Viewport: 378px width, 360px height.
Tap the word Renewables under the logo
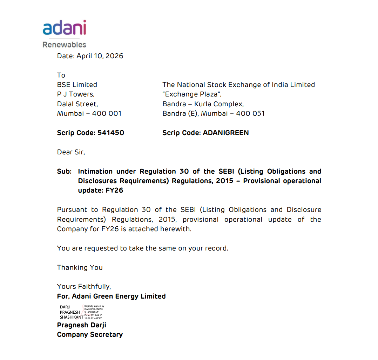pyautogui.click(x=64, y=45)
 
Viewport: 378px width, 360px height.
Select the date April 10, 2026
pyautogui.click(x=100, y=56)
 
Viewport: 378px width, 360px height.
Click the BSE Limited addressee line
pyautogui.click(x=77, y=85)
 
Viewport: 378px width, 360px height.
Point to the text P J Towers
pyautogui.click(x=76, y=94)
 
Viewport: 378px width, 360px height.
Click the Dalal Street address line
pyautogui.click(x=77, y=104)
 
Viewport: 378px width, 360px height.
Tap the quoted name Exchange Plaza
pyautogui.click(x=192, y=94)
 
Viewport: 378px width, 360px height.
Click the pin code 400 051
pyautogui.click(x=250, y=113)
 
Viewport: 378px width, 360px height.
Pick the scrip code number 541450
pyautogui.click(x=111, y=133)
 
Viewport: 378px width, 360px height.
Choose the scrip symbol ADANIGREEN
pyautogui.click(x=226, y=133)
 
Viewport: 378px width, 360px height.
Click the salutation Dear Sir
pyautogui.click(x=71, y=152)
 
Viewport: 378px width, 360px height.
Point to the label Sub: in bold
pyautogui.click(x=65, y=171)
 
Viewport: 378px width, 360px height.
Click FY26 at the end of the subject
pyautogui.click(x=114, y=191)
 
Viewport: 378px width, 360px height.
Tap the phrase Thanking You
pyautogui.click(x=80, y=267)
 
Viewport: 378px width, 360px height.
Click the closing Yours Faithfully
pyautogui.click(x=84, y=286)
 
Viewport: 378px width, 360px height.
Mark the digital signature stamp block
pyautogui.click(x=82, y=312)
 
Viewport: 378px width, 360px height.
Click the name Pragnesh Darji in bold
pyautogui.click(x=82, y=325)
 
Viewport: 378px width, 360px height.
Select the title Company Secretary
pyautogui.click(x=90, y=334)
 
